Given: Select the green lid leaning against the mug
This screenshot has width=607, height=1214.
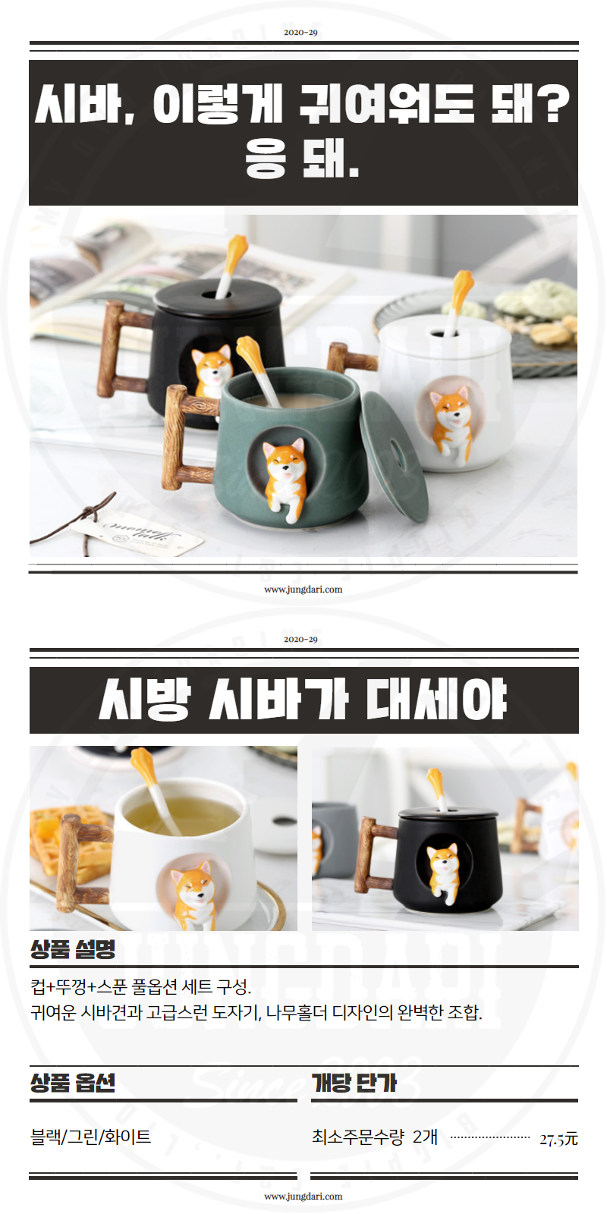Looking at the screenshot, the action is pyautogui.click(x=395, y=456).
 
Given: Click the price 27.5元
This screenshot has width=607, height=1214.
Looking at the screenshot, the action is pyautogui.click(x=558, y=1139).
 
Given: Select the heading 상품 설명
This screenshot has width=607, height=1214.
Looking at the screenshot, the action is pyautogui.click(x=73, y=949).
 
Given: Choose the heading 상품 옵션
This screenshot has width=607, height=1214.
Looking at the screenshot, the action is pyautogui.click(x=73, y=1083).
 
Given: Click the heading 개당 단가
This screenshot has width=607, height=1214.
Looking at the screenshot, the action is pyautogui.click(x=354, y=1083).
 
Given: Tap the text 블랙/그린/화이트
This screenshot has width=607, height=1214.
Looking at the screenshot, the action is pyautogui.click(x=90, y=1137).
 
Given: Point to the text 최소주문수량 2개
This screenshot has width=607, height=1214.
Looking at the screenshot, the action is pyautogui.click(x=375, y=1137).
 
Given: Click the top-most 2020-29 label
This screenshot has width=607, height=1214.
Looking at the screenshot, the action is pyautogui.click(x=300, y=33).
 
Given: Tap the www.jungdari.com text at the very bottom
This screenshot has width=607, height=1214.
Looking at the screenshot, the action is pyautogui.click(x=303, y=1196).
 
